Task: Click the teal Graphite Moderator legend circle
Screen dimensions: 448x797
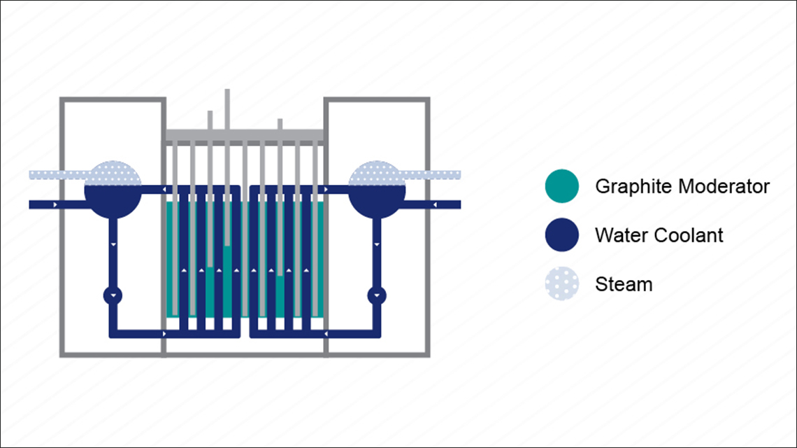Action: [x=562, y=186]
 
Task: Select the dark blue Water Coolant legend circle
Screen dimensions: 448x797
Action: [x=562, y=234]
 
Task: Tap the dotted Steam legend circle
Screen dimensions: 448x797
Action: [x=562, y=284]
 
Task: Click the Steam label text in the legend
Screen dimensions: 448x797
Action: [x=624, y=285]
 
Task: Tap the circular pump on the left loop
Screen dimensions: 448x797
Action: [x=113, y=295]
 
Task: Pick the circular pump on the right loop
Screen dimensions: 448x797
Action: [x=378, y=295]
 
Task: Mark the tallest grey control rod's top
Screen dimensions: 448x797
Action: [x=227, y=92]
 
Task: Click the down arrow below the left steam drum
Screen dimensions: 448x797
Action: [x=113, y=244]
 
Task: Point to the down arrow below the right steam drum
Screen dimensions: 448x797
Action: [x=378, y=244]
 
